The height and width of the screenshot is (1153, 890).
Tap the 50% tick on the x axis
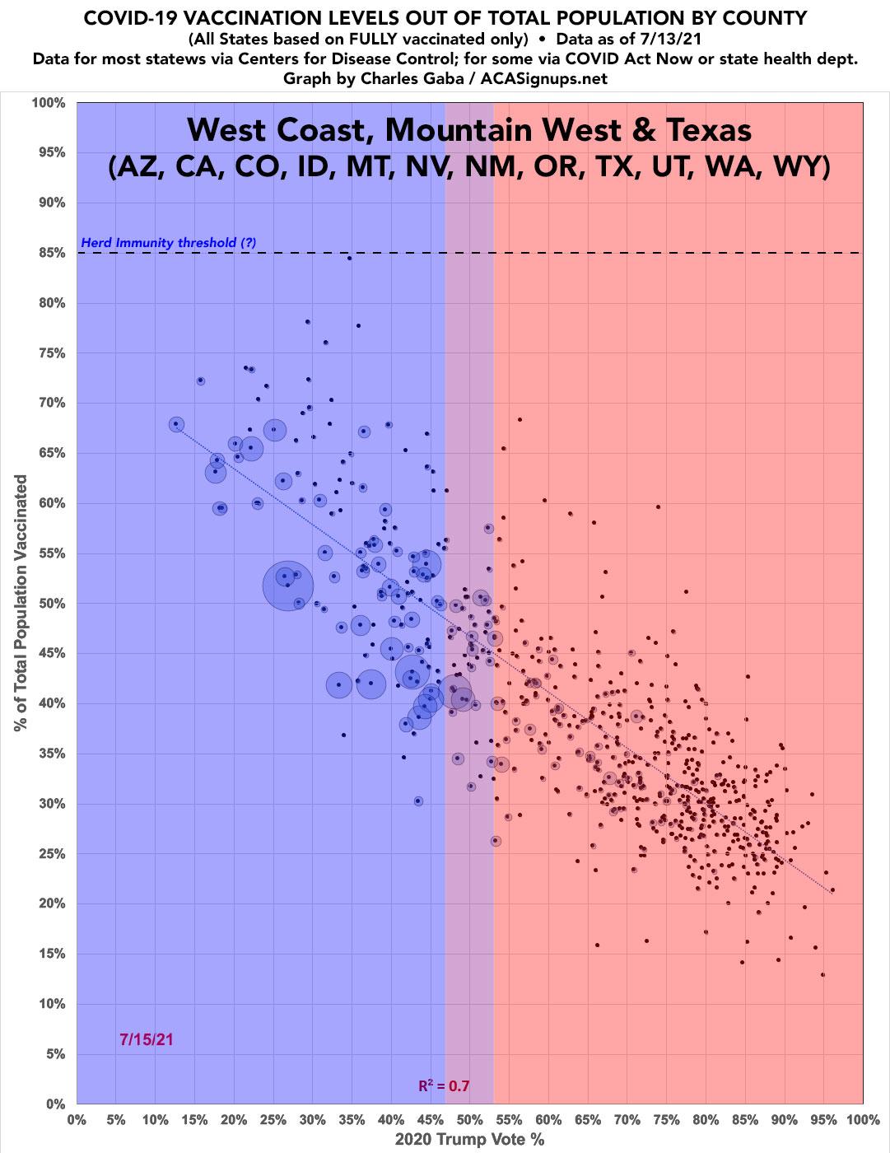tap(470, 1120)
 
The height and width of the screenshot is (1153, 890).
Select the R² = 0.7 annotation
tap(444, 1085)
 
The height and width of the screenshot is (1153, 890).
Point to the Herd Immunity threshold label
tap(169, 243)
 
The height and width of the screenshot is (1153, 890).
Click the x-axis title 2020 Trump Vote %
tap(470, 1140)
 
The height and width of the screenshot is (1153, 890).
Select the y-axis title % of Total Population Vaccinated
tap(19, 603)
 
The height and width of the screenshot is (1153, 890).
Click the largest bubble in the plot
tap(288, 586)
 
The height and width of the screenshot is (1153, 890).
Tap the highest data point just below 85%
tap(349, 258)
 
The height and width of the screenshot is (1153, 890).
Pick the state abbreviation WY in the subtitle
tap(803, 167)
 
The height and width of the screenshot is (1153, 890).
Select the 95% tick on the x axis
tap(824, 1120)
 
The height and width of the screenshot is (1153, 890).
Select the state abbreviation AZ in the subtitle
tap(130, 167)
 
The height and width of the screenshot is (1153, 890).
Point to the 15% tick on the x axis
tap(194, 1120)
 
